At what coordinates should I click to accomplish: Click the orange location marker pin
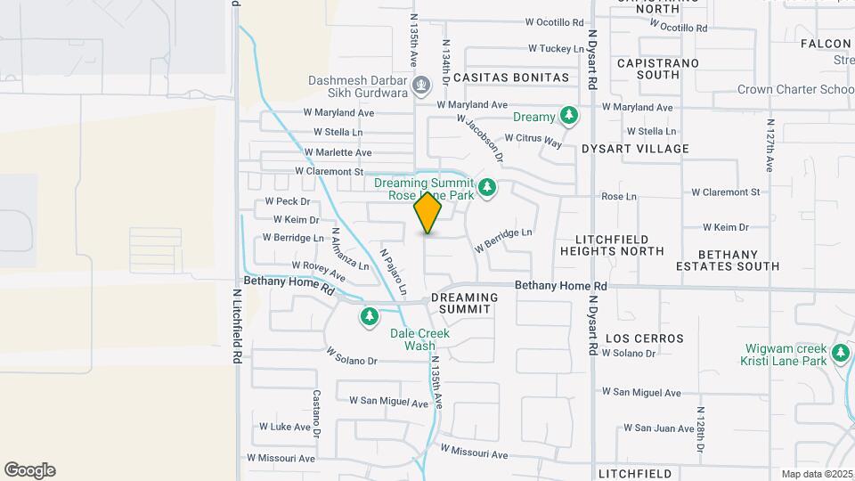pyautogui.click(x=428, y=212)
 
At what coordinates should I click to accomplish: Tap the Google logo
pyautogui.click(x=29, y=470)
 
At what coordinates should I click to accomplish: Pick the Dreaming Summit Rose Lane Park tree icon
pyautogui.click(x=486, y=188)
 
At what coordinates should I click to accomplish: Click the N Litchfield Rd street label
pyautogui.click(x=239, y=324)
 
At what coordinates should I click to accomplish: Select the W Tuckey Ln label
pyautogui.click(x=556, y=48)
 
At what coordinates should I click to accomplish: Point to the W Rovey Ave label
pyautogui.click(x=318, y=265)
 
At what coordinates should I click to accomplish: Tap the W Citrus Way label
pyautogui.click(x=533, y=139)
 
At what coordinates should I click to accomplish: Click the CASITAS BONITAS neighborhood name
pyautogui.click(x=511, y=77)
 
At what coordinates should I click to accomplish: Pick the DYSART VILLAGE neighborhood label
pyautogui.click(x=635, y=149)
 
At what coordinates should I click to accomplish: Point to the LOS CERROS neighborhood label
pyautogui.click(x=645, y=338)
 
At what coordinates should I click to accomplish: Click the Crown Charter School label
pyautogui.click(x=795, y=89)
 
